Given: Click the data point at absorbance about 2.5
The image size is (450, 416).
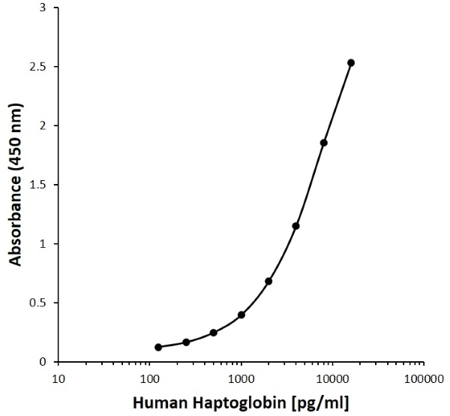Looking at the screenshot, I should [x=351, y=63].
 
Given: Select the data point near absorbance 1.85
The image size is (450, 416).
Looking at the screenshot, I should [x=324, y=143].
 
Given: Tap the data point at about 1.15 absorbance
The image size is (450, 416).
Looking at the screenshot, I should [x=296, y=226].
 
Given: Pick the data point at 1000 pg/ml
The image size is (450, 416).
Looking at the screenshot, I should [x=241, y=315].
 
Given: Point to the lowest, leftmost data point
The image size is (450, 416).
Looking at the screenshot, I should [x=158, y=347].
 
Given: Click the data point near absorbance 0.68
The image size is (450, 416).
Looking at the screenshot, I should [x=268, y=281].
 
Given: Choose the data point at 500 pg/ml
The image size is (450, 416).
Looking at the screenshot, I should [x=214, y=333].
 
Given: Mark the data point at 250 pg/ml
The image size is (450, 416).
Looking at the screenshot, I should [x=186, y=342].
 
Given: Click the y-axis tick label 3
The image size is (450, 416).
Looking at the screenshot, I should [x=43, y=8].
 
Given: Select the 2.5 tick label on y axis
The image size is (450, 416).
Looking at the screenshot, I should [x=39, y=67].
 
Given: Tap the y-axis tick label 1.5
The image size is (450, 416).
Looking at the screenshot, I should [x=39, y=185].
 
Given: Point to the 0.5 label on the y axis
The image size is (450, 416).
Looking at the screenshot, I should [x=39, y=303].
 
